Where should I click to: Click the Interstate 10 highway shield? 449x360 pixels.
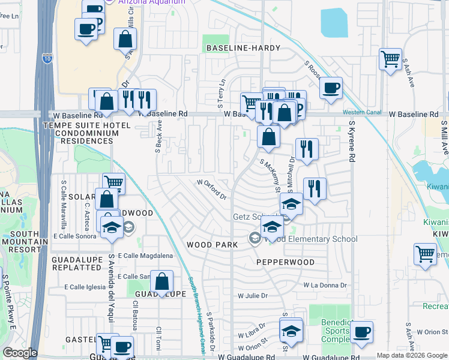pyautogui.click(x=47, y=58)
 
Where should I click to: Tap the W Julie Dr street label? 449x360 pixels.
pyautogui.click(x=252, y=295)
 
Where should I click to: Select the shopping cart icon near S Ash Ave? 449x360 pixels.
pyautogui.click(x=390, y=59)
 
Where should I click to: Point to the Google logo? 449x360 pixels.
pyautogui.click(x=20, y=353)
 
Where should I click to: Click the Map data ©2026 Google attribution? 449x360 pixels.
pyautogui.click(x=411, y=355)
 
